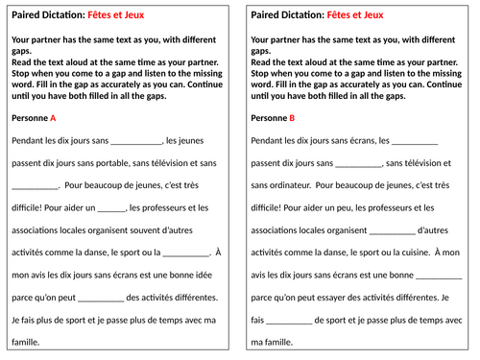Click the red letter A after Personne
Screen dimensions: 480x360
coord(53,118)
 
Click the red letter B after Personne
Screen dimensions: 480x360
coord(292,118)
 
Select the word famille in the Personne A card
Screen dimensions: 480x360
coord(27,341)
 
